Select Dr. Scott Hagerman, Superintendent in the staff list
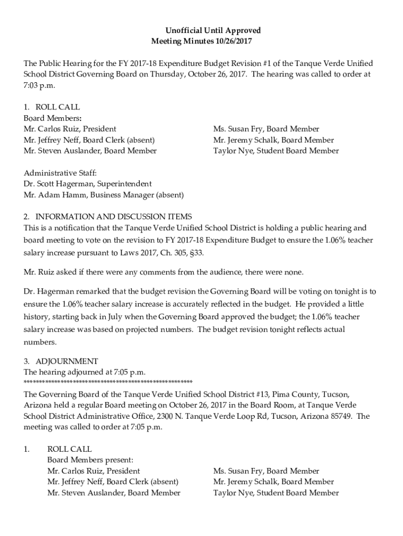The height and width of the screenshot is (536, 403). [x=88, y=184]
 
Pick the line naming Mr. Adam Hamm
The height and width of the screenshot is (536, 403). [x=104, y=195]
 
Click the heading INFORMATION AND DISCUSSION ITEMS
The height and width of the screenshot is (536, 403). [x=114, y=217]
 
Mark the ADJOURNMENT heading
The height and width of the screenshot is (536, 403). [x=66, y=361]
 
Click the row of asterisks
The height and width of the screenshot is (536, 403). [x=108, y=382]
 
